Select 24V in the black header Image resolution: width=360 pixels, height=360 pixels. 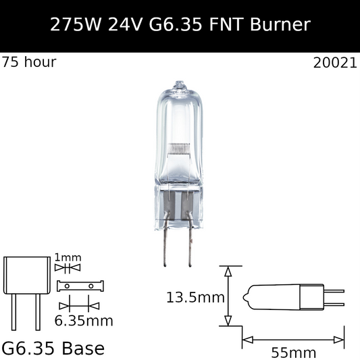pos(132,25)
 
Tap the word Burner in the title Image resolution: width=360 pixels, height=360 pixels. pos(279,25)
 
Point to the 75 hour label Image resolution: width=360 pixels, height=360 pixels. pos(29,62)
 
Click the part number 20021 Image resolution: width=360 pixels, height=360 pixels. pos(335,63)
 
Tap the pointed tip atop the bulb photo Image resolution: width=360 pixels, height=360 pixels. pos(179,85)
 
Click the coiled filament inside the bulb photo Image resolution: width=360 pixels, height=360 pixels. pos(179,148)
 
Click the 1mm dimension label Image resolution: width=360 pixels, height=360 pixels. pos(67,257)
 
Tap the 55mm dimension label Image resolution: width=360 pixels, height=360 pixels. pos(293,352)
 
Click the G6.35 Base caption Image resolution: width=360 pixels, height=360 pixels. pos(53,349)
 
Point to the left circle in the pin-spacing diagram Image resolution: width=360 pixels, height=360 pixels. pos(68,286)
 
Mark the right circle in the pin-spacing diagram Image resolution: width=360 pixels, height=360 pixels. pos(91,286)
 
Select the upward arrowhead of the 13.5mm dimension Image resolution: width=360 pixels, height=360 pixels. pos(228,271)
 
